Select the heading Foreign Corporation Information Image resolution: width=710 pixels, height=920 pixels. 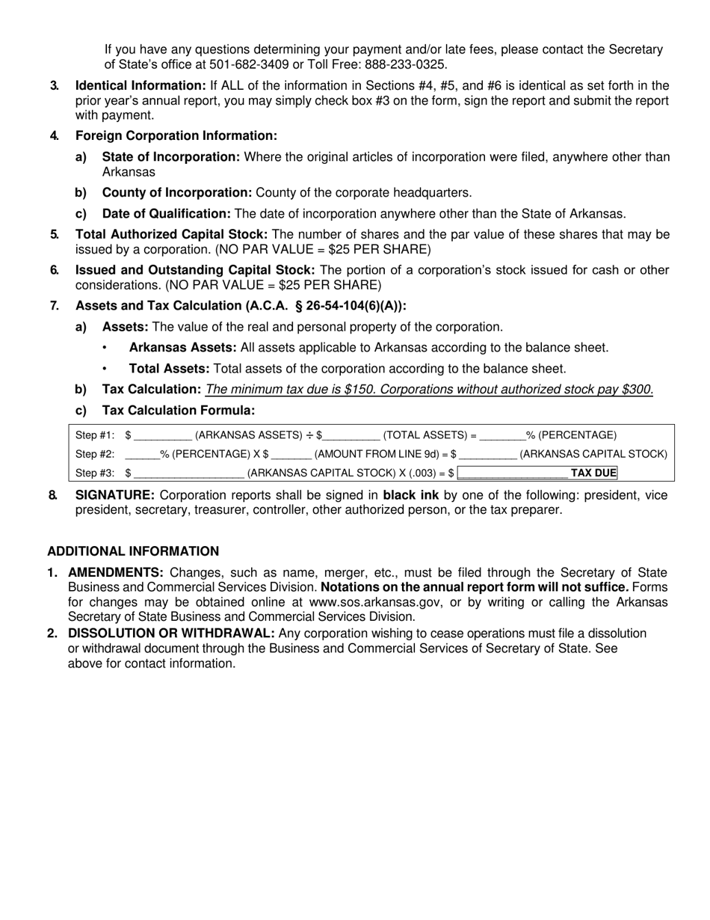176,135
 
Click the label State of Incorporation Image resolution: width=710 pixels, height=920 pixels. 171,156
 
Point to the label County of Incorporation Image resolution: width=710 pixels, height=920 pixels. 177,192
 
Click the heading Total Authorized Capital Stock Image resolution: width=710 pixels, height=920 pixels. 171,234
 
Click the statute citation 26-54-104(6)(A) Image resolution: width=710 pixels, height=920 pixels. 354,305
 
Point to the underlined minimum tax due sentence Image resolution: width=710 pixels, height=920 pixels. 429,389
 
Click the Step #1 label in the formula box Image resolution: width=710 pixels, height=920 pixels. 95,435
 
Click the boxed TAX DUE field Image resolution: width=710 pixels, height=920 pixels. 538,473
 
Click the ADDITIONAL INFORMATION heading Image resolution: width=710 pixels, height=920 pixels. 133,551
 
